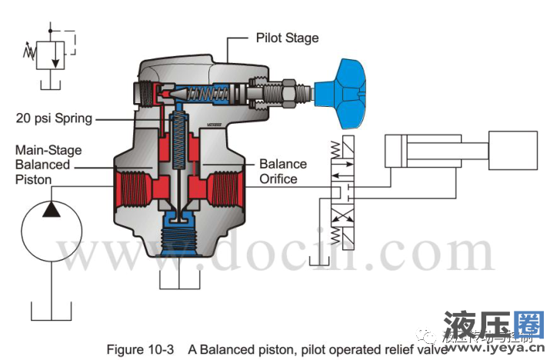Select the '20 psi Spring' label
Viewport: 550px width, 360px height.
(x=54, y=118)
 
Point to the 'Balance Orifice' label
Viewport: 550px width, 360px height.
(x=282, y=171)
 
